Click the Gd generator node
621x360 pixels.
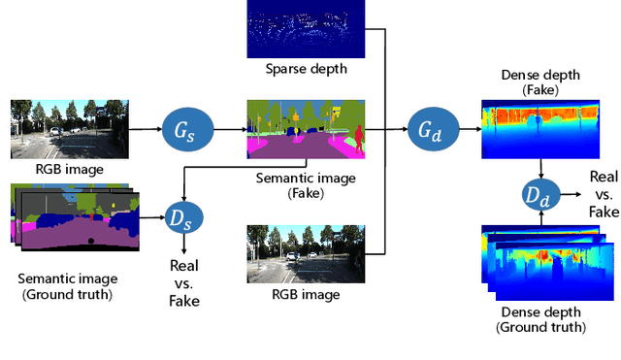pyautogui.click(x=428, y=127)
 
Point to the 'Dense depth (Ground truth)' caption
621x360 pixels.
pyautogui.click(x=541, y=320)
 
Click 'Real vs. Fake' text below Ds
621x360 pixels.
pyautogui.click(x=184, y=281)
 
